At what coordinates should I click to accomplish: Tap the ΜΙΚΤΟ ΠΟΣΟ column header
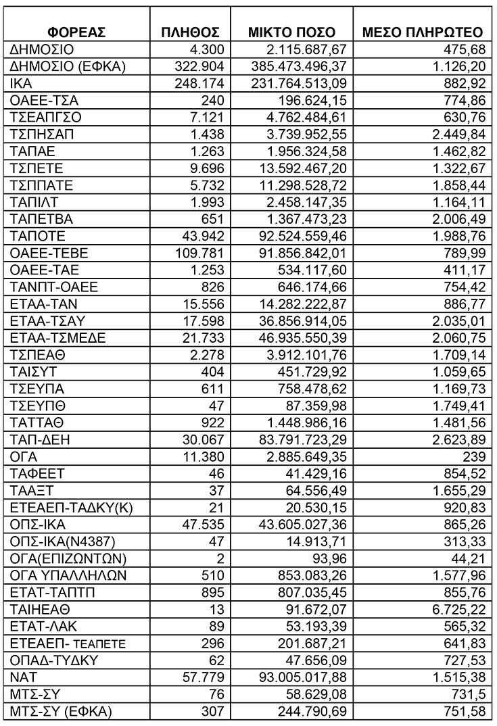point(292,32)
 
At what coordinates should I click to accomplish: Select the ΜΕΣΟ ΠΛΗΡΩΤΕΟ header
point(423,32)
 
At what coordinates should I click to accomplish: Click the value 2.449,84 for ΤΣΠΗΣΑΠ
point(457,135)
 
